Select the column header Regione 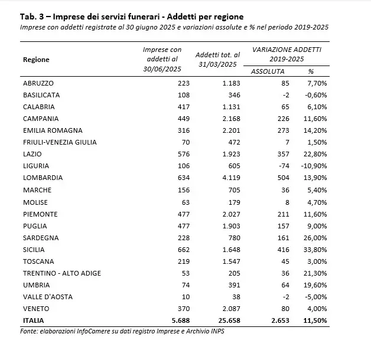coord(36,60)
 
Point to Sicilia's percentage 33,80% coord(317,250)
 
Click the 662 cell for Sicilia coord(174,250)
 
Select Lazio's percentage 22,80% coord(317,154)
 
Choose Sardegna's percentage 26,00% coord(317,237)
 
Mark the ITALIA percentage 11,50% coord(317,321)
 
